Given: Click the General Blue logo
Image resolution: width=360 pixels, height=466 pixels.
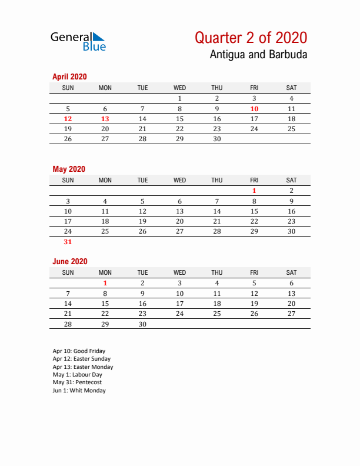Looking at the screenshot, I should [78, 41].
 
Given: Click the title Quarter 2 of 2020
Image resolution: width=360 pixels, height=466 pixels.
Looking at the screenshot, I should [251, 38].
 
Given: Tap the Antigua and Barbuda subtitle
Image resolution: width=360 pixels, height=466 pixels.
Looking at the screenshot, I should [258, 55].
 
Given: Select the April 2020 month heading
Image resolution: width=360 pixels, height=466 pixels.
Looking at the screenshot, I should [69, 76].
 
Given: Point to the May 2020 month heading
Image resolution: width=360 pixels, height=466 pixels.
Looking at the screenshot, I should [69, 169].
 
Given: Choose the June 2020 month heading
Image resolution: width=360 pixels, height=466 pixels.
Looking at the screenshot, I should [69, 261].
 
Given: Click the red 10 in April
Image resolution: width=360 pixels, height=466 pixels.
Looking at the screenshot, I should [254, 109].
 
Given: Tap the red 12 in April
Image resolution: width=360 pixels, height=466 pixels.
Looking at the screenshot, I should [68, 119].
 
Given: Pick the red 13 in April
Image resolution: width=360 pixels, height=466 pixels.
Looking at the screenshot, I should [105, 119].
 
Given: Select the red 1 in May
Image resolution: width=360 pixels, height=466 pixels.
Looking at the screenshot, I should [254, 191].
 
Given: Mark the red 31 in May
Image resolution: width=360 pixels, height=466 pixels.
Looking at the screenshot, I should [68, 242].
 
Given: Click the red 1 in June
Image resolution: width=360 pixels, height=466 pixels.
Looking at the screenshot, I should [105, 283].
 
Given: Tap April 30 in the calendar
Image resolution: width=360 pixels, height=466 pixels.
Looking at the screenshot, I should [217, 139].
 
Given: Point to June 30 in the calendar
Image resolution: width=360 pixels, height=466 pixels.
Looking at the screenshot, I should [142, 324].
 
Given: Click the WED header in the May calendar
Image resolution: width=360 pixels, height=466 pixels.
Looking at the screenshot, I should [180, 180].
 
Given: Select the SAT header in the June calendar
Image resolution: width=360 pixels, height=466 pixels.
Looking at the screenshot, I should [291, 272].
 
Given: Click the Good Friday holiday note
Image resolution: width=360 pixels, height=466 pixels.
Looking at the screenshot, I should [79, 351].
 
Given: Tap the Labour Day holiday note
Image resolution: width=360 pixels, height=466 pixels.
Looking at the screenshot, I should [77, 375].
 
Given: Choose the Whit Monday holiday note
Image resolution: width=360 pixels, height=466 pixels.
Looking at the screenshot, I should [79, 391].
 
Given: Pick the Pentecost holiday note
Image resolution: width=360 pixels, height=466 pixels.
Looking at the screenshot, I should [76, 382].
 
